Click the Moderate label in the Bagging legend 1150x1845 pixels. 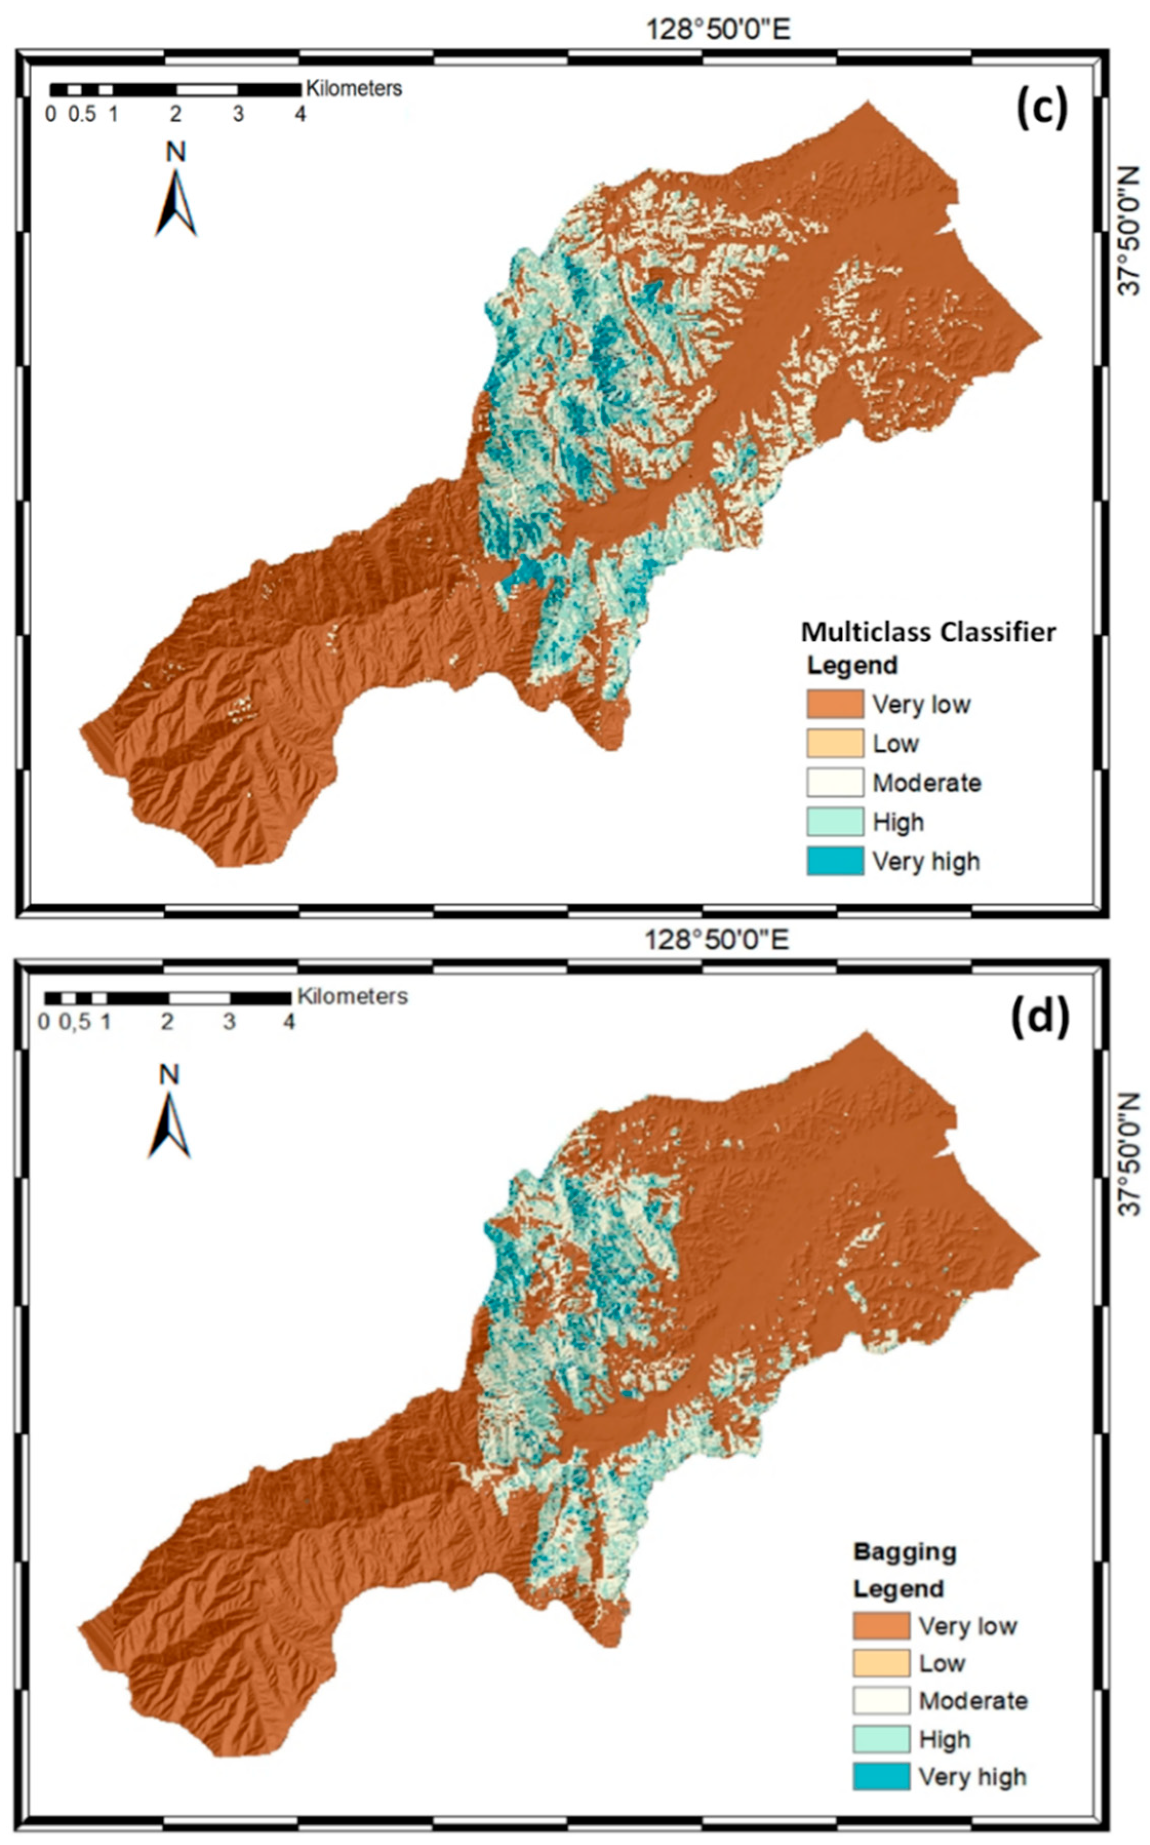click(x=973, y=1700)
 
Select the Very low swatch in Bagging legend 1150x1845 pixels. click(x=881, y=1626)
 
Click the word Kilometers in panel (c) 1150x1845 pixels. click(x=354, y=89)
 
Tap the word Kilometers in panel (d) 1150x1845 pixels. click(x=352, y=997)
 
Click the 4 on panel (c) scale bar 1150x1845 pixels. click(x=300, y=115)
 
